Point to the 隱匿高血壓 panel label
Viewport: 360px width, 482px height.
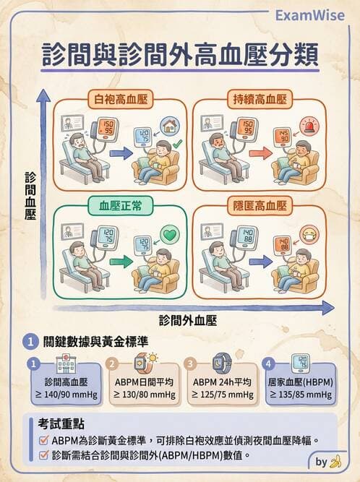(x=258, y=205)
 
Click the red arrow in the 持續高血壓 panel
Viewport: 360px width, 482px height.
(x=256, y=152)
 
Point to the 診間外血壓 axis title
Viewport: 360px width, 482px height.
(x=188, y=318)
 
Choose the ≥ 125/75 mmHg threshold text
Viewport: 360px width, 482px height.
(x=223, y=394)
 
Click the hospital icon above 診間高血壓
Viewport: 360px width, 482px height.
(x=67, y=363)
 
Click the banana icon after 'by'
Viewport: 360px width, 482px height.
(x=335, y=461)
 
